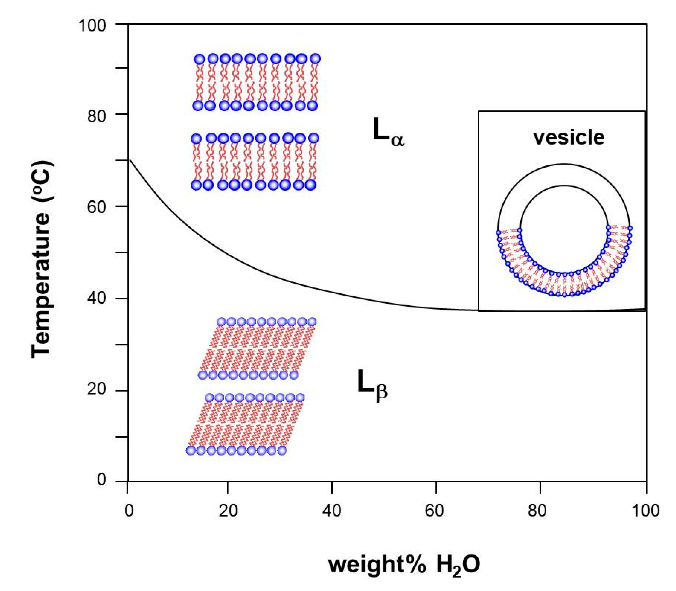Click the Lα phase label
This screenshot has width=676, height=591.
coord(387,132)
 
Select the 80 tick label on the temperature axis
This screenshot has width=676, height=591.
coord(97,116)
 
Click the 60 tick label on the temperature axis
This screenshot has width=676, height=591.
coord(97,208)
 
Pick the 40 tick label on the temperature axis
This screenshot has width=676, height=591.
coord(97,299)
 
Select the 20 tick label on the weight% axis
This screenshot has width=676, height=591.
coord(228,511)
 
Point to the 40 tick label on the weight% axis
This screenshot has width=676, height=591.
coord(331,511)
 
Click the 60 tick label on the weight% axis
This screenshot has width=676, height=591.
coord(434,511)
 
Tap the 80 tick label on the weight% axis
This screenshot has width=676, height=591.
coord(537,511)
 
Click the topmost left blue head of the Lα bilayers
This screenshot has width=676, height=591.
coord(199,59)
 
